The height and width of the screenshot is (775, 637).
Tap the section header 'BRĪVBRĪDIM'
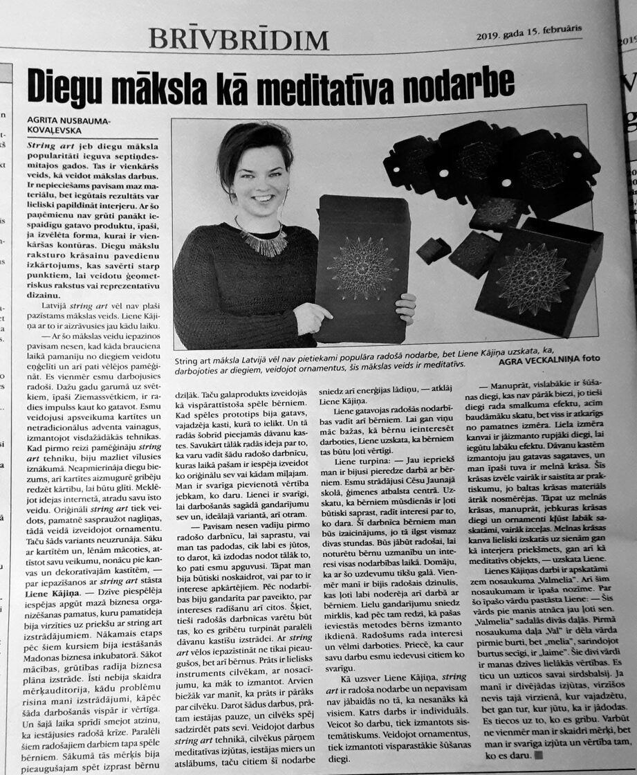(239, 39)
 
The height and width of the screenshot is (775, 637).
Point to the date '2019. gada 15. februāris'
(528, 33)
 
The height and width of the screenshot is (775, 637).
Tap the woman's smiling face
(254, 177)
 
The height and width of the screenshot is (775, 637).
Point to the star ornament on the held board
(363, 268)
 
